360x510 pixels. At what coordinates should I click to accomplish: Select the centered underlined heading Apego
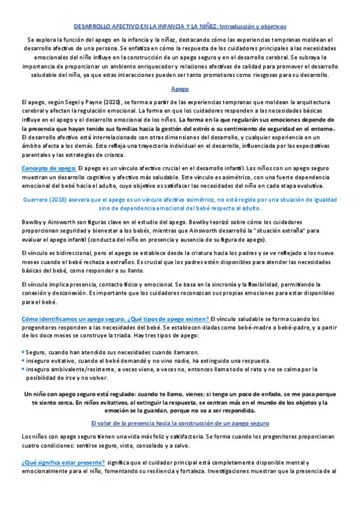pos(180,88)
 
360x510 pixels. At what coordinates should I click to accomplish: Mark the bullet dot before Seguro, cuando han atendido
pos(22,351)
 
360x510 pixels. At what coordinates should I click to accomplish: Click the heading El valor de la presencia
pos(180,423)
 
